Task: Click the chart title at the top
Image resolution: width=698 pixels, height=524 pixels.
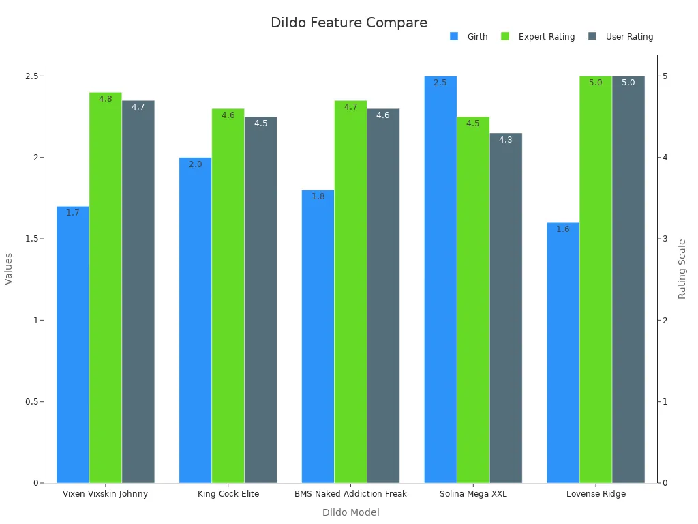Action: point(348,23)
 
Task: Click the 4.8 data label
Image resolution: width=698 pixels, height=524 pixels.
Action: point(106,99)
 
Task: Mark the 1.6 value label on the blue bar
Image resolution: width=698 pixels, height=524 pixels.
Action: point(563,229)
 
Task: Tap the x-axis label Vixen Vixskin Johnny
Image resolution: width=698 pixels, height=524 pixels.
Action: point(105,494)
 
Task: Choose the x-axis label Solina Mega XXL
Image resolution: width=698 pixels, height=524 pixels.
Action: point(473,494)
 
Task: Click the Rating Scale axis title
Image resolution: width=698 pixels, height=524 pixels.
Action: point(682,269)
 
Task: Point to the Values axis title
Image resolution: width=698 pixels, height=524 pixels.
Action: point(9,269)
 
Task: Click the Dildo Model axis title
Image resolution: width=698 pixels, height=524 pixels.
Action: point(350,512)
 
